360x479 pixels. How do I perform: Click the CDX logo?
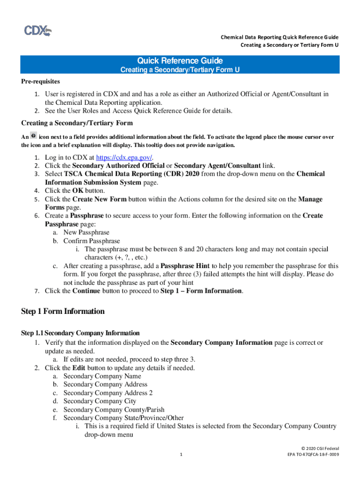point(38,31)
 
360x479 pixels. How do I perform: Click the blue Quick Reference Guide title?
point(180,61)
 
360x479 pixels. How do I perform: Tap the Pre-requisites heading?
point(40,81)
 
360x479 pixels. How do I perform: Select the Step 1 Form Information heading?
point(63,312)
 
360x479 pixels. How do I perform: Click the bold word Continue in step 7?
point(86,291)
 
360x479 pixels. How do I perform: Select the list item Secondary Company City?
point(100,401)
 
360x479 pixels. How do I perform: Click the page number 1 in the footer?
point(180,454)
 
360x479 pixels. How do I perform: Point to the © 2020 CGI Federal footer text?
point(321,448)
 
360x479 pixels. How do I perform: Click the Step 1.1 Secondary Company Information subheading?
point(80,333)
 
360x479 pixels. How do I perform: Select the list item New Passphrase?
point(86,232)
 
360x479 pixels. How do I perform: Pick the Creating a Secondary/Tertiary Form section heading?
point(77,123)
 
